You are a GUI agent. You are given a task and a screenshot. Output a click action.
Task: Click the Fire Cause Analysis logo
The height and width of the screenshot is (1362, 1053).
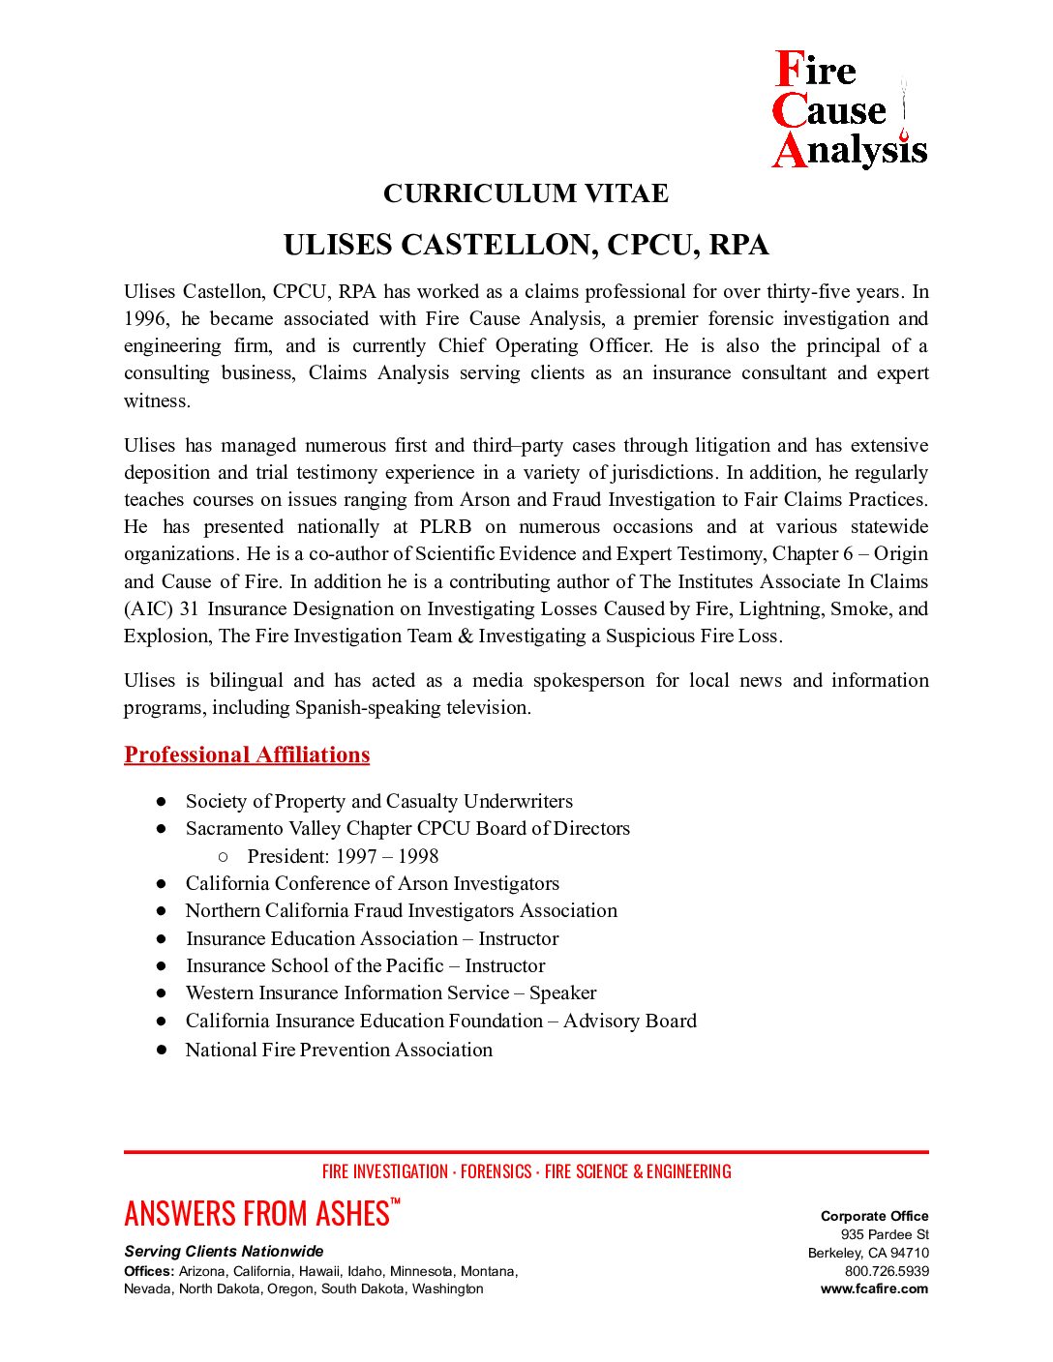849,110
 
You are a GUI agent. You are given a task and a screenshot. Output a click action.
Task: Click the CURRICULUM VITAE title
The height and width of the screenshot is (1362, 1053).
526,193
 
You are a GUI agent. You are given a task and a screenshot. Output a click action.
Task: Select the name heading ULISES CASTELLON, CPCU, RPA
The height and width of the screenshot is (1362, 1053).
526,245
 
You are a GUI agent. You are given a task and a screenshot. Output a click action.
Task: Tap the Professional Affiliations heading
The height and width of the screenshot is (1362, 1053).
247,755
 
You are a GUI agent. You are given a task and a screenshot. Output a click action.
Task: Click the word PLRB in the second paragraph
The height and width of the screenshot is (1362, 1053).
445,526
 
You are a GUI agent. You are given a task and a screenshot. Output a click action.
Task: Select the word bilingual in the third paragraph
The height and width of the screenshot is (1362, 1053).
247,680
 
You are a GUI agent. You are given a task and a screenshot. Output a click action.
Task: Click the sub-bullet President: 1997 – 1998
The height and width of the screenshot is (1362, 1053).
343,856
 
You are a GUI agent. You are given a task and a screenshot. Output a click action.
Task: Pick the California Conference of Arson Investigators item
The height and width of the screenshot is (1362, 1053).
373,883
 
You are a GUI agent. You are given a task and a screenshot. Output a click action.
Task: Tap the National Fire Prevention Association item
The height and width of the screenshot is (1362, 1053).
339,1050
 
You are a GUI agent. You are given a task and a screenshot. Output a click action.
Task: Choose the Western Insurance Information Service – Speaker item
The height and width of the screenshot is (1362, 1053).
391,992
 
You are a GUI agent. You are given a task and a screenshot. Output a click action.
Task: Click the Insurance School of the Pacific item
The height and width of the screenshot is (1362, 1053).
366,965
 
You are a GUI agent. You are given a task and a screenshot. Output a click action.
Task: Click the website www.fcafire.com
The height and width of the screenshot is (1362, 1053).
874,1288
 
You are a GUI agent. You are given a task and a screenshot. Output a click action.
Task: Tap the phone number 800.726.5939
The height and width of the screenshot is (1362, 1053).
887,1271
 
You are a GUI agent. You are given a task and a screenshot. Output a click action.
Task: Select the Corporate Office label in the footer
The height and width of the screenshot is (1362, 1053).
874,1216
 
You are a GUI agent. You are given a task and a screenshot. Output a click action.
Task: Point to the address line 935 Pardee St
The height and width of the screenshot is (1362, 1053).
885,1234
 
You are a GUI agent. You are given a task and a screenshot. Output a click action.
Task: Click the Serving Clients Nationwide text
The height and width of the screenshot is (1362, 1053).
224,1251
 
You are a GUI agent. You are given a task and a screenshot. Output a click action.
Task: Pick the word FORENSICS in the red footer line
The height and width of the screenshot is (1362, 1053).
496,1171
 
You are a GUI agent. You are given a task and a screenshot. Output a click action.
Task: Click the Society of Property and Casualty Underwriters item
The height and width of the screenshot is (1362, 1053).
379,801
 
